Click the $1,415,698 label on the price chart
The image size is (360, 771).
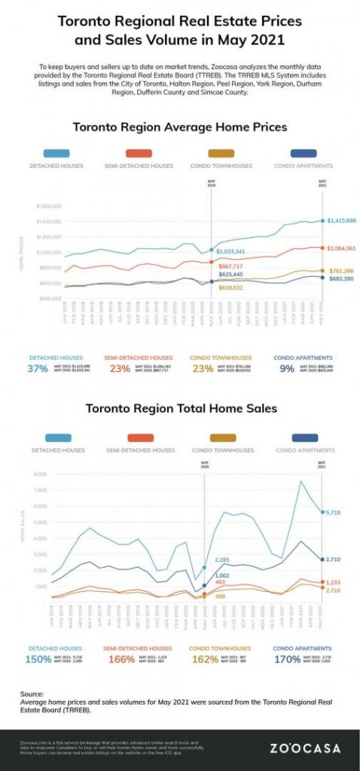(x=341, y=221)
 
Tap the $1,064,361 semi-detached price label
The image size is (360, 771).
(x=341, y=248)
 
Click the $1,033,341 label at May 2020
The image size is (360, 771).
(x=230, y=251)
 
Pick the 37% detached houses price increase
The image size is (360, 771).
(x=38, y=368)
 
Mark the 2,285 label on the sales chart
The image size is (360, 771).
(x=222, y=560)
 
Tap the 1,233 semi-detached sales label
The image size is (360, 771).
(x=336, y=582)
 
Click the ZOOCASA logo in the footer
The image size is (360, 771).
(x=305, y=748)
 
